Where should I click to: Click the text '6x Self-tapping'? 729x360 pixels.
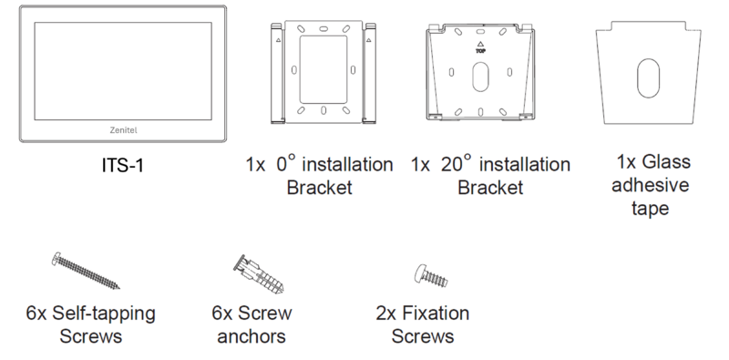90,314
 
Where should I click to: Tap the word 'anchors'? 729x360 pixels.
252,337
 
